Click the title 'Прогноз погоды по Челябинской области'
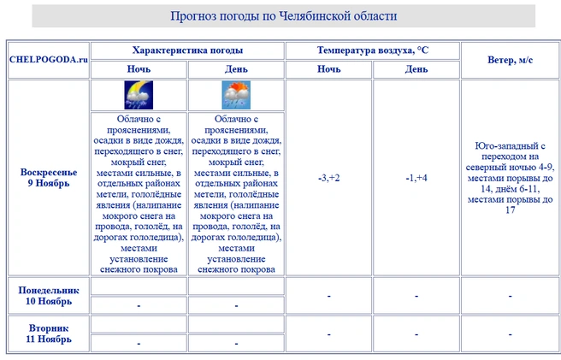tap(283, 16)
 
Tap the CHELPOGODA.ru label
tap(49, 59)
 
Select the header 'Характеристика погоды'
tap(187, 50)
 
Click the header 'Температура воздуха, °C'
tap(372, 50)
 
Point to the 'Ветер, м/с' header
tap(511, 59)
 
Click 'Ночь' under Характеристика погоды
tap(139, 69)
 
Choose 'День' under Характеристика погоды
tap(236, 69)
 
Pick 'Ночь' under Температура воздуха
tap(328, 69)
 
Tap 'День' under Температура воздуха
tap(416, 69)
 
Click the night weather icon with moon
tap(139, 94)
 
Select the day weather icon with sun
tap(236, 94)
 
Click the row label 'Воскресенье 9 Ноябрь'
tap(49, 177)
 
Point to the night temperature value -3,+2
tap(328, 178)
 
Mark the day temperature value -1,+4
tap(416, 178)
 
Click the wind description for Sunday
tap(511, 178)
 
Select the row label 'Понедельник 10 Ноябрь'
tap(49, 295)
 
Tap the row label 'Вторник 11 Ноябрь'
tap(49, 333)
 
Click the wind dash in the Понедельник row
tap(511, 296)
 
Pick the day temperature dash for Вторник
tap(416, 334)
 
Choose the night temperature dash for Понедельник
tap(328, 296)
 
